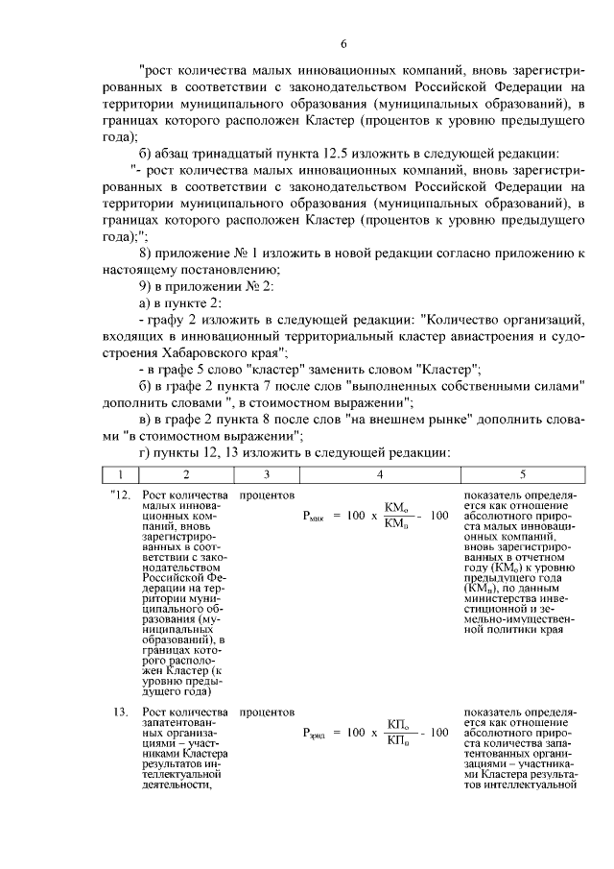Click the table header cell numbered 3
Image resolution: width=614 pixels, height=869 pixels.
(x=267, y=473)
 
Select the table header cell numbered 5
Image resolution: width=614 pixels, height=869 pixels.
(x=522, y=473)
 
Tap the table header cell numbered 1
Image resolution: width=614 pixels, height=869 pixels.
(x=120, y=473)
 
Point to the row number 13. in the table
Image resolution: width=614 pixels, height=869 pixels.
(x=120, y=712)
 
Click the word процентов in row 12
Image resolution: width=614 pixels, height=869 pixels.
(x=267, y=495)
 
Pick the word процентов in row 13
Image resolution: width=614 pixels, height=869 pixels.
(x=267, y=712)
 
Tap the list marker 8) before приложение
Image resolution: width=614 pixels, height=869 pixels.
(x=146, y=253)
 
